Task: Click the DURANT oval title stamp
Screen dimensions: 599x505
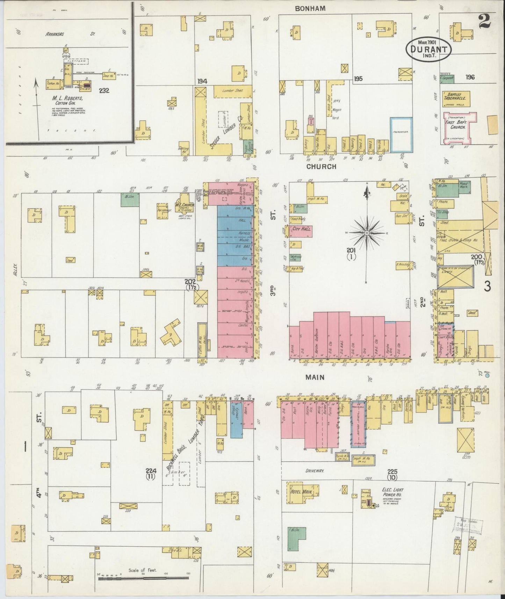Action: pos(429,50)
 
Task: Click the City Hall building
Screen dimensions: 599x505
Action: pos(301,231)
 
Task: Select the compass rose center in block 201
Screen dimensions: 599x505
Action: pos(367,232)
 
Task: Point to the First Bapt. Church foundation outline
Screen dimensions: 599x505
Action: pos(459,128)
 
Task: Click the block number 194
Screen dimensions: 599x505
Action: pos(202,81)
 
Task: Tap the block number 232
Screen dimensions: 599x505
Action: pos(104,91)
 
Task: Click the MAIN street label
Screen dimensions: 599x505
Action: pos(315,377)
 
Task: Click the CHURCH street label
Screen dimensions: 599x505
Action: pos(321,167)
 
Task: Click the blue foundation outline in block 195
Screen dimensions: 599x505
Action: pos(401,135)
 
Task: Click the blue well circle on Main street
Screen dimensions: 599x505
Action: pos(488,376)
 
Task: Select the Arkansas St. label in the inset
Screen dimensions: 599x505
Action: pos(70,34)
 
